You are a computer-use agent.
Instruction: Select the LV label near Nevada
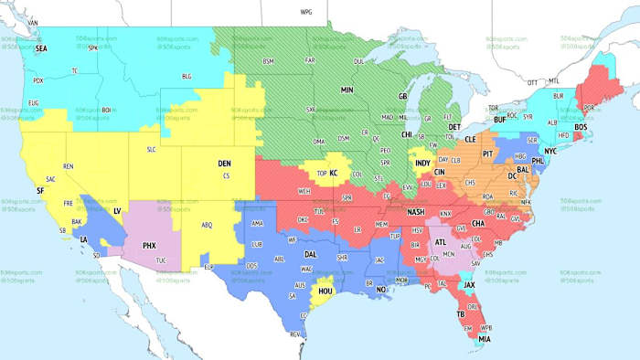[x=117, y=210]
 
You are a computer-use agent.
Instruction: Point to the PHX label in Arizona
[x=149, y=245]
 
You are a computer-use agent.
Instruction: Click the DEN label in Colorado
[x=224, y=164]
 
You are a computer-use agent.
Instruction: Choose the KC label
[x=335, y=173]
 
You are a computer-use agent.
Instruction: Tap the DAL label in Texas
[x=312, y=254]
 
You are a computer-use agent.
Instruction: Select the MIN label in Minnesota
[x=347, y=90]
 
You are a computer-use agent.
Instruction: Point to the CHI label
[x=406, y=133]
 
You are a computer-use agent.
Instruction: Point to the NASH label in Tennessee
[x=413, y=211]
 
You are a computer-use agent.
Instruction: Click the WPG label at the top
[x=306, y=12]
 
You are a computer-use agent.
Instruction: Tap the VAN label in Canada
[x=34, y=21]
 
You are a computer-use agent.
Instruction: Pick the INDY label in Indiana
[x=422, y=163]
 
